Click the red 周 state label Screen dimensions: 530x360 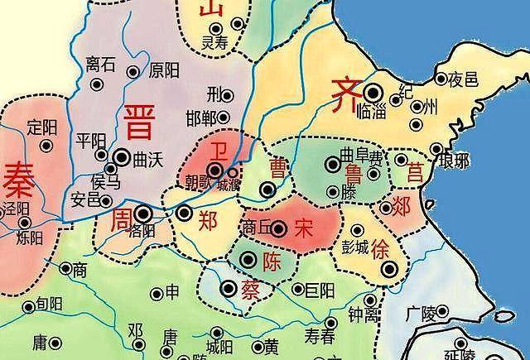pyautogui.click(x=121, y=218)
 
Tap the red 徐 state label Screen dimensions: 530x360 pyautogui.click(x=380, y=247)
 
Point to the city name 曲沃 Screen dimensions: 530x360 pyautogui.click(x=149, y=157)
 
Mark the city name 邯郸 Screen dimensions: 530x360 pyautogui.click(x=204, y=116)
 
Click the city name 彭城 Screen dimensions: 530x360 pyautogui.click(x=358, y=247)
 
